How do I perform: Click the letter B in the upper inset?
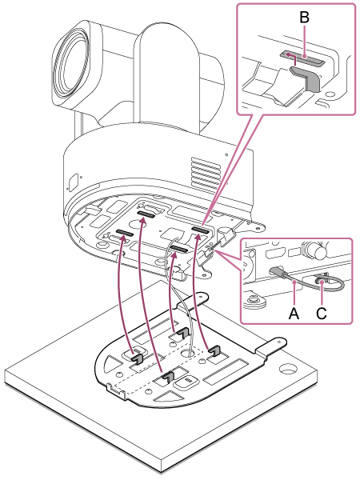coord(304,18)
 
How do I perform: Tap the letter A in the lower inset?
coord(294,313)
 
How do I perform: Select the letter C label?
coord(322,313)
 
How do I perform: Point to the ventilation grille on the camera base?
coord(206,174)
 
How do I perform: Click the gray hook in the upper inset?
coord(305,78)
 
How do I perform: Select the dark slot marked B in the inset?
coord(302,58)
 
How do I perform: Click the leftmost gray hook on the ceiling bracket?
coord(138,358)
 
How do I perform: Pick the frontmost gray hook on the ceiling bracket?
coord(167,378)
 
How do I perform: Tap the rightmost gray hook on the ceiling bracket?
coord(214,350)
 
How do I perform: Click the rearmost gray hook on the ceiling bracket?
coord(181,334)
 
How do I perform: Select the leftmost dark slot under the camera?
coord(125,234)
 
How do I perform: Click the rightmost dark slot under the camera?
coord(201,230)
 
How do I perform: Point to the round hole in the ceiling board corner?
coord(287,369)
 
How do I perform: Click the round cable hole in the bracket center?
coord(187,354)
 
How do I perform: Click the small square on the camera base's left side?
coord(73,182)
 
